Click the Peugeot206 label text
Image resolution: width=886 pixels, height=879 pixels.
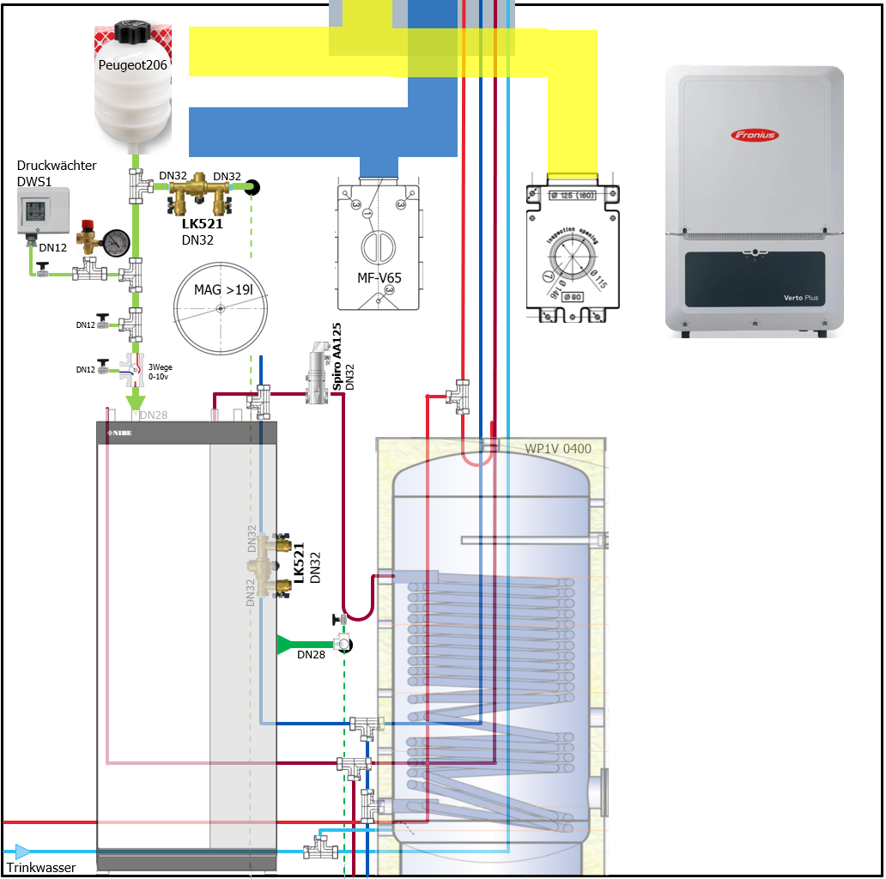tap(132, 64)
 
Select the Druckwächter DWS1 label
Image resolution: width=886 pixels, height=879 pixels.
tap(57, 173)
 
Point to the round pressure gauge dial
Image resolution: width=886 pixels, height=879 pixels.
tap(115, 241)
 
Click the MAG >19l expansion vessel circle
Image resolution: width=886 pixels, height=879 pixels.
tap(221, 307)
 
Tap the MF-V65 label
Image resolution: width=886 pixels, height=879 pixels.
tap(379, 277)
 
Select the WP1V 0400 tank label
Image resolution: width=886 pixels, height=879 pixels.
tap(558, 448)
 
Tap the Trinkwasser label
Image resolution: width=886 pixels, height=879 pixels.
tap(41, 867)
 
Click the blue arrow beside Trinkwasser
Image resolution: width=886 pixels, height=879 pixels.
tap(22, 852)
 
